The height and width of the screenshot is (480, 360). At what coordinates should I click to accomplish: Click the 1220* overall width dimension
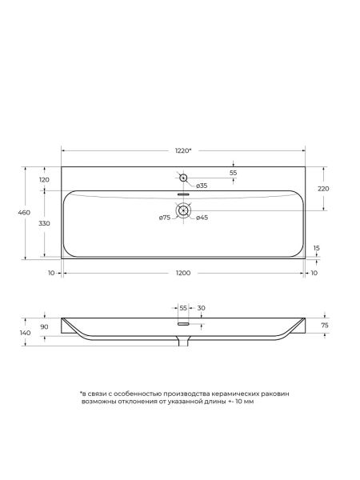[183, 150]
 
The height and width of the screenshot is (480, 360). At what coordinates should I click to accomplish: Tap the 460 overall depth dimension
[24, 213]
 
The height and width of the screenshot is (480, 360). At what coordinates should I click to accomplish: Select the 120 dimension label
[44, 180]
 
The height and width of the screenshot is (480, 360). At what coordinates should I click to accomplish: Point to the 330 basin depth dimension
[44, 223]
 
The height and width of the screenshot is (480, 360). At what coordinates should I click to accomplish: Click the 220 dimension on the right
[323, 189]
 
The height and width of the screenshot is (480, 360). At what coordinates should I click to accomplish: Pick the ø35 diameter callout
[202, 186]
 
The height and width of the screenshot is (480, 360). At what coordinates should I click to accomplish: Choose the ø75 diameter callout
[165, 218]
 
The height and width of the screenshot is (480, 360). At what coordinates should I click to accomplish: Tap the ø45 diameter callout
[202, 218]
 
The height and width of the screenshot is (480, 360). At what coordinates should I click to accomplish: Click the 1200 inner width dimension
[183, 273]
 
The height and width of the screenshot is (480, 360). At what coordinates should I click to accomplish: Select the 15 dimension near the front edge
[317, 248]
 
